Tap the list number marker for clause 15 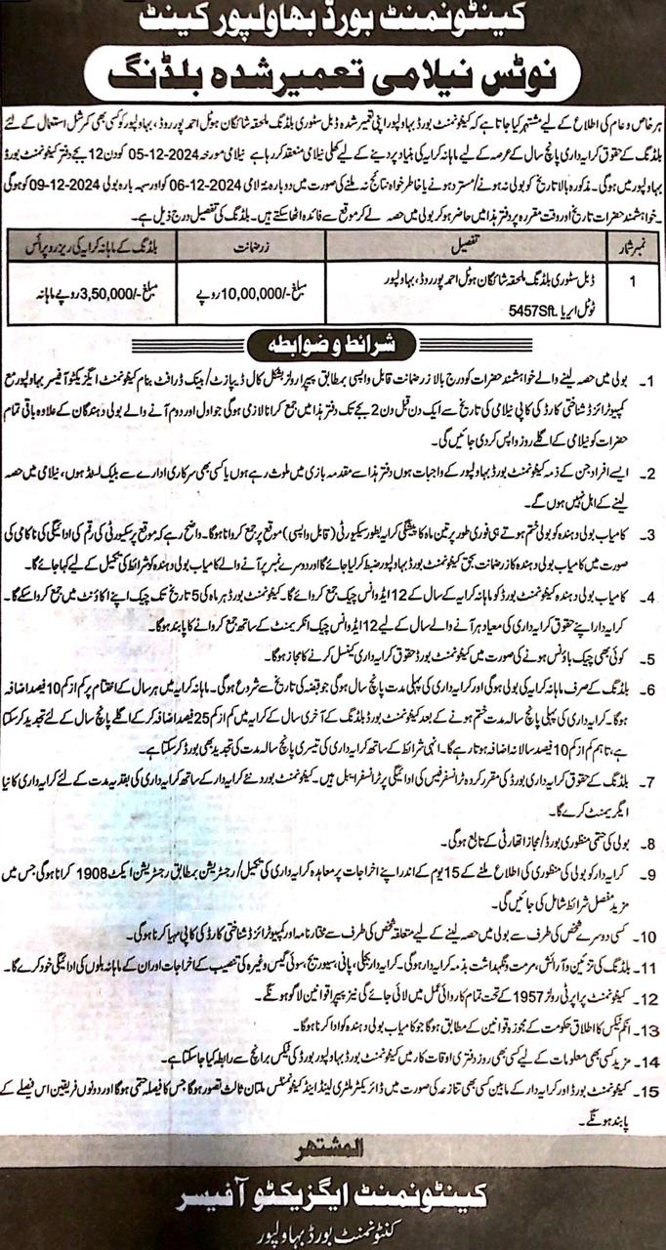pyautogui.click(x=645, y=1084)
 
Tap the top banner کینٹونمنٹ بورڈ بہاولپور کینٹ pyautogui.click(x=333, y=17)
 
